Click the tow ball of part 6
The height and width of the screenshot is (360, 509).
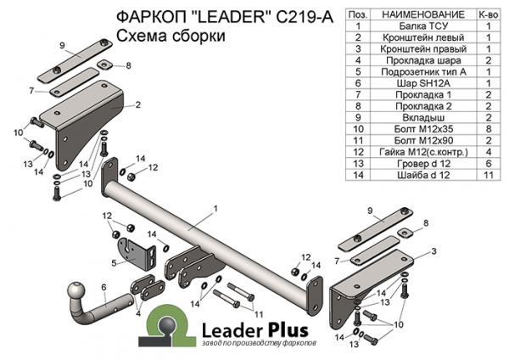point(76,291)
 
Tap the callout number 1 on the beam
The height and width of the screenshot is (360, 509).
point(215,209)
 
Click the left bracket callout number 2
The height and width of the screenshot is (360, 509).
point(138,105)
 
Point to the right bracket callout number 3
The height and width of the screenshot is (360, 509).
point(433,251)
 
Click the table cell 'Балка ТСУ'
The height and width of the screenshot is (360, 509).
point(423,26)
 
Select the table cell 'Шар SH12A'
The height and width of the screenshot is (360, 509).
point(423,83)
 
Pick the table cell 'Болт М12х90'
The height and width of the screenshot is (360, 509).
point(423,141)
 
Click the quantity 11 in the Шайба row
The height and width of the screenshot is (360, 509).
point(489,175)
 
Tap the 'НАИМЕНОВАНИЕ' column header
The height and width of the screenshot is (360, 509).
point(423,14)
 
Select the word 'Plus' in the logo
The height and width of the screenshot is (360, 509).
point(288,330)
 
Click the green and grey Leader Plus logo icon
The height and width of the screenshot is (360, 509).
point(166,326)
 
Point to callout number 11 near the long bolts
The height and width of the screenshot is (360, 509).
point(259,314)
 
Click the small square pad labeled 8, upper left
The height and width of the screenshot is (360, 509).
point(104,65)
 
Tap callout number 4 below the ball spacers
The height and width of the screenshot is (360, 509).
point(138,314)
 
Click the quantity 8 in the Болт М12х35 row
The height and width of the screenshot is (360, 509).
point(489,129)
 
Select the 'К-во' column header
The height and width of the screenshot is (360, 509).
point(489,14)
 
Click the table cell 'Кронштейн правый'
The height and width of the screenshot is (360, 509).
point(423,49)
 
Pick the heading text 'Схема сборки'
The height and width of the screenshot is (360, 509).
point(171,36)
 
